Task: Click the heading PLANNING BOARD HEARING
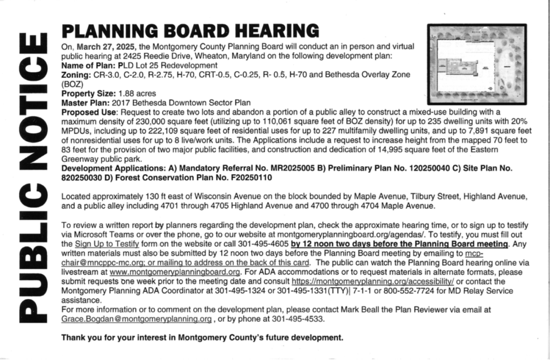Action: [190, 31]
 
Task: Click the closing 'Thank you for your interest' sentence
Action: [202, 338]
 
